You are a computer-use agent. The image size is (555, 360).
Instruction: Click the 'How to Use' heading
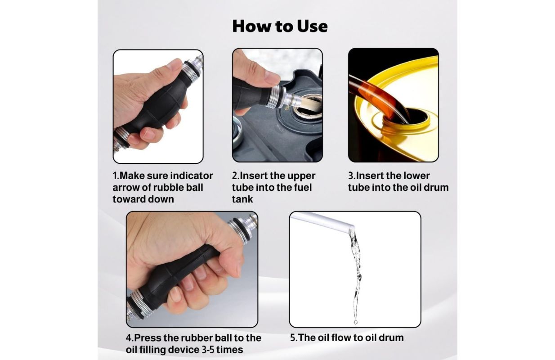(280, 26)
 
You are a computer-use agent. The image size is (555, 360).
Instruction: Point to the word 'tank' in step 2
(242, 199)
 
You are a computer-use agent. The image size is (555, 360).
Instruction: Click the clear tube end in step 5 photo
(351, 226)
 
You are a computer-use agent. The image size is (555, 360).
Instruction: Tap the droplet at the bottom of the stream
(356, 322)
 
